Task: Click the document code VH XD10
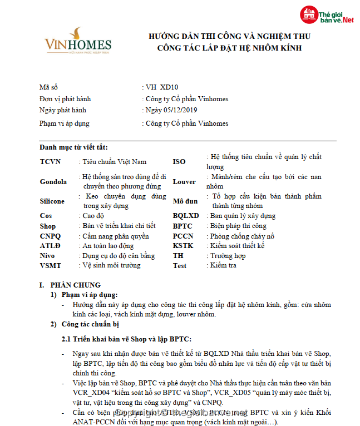pos(162,87)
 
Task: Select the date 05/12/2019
pos(184,110)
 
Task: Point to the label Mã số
pos(48,87)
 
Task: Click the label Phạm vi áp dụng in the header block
pos(64,123)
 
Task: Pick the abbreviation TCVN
pos(50,162)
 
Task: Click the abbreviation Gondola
pos(53,182)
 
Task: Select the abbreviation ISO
pos(179,162)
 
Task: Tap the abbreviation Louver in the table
pos(184,182)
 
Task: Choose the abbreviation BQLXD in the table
pos(186,216)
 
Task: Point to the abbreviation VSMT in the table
pos(51,266)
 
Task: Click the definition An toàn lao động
pos(109,246)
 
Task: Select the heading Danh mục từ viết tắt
pos(73,147)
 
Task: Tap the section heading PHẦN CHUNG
pos(79,285)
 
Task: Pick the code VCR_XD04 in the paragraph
pos(93,393)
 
